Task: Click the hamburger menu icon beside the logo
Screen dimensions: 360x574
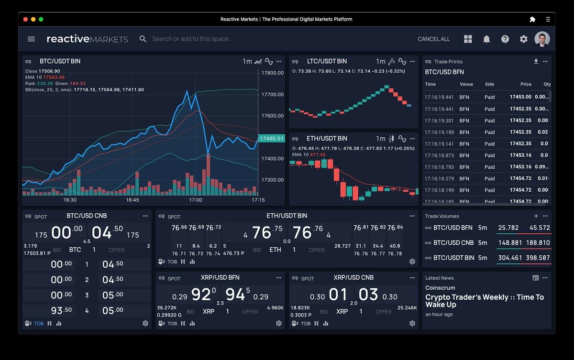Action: point(32,39)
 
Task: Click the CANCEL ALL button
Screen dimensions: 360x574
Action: point(434,39)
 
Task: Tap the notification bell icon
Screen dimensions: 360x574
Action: point(486,39)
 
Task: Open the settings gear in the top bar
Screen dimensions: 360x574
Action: point(524,39)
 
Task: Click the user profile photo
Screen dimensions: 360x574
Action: point(542,39)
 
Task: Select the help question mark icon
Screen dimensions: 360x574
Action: point(505,39)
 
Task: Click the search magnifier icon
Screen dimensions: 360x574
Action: point(143,39)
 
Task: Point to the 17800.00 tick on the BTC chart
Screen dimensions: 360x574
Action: point(272,73)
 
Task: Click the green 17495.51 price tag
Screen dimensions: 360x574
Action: point(271,139)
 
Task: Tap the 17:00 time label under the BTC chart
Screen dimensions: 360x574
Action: point(196,200)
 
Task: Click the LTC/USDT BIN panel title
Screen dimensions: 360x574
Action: point(327,61)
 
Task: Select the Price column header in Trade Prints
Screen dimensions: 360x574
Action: point(526,84)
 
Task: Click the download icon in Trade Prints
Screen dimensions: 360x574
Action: point(536,61)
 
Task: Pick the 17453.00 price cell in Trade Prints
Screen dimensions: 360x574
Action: point(520,97)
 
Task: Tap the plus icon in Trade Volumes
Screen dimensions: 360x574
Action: point(536,216)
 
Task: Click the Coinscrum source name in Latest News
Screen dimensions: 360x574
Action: point(440,288)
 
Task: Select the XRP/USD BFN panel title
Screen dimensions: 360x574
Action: point(220,277)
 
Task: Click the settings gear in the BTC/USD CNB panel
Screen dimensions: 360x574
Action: point(145,324)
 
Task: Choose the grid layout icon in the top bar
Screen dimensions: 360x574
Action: point(468,39)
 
